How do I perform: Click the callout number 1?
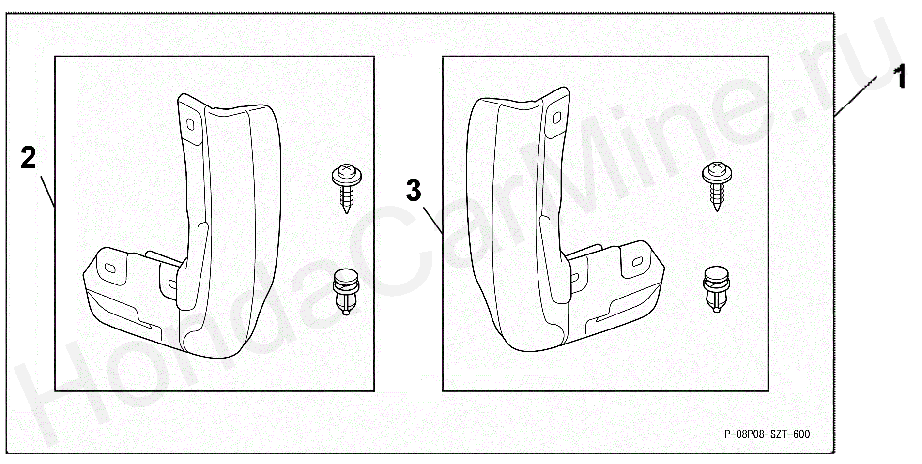click(x=900, y=78)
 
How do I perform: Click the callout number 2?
click(x=29, y=158)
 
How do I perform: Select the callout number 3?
click(x=414, y=190)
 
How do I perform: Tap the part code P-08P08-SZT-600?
click(x=767, y=434)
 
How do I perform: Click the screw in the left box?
click(x=346, y=189)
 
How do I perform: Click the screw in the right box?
click(x=717, y=187)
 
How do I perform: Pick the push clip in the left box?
click(x=346, y=292)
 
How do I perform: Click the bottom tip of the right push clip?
click(x=716, y=308)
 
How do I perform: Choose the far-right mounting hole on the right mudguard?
click(x=637, y=262)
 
